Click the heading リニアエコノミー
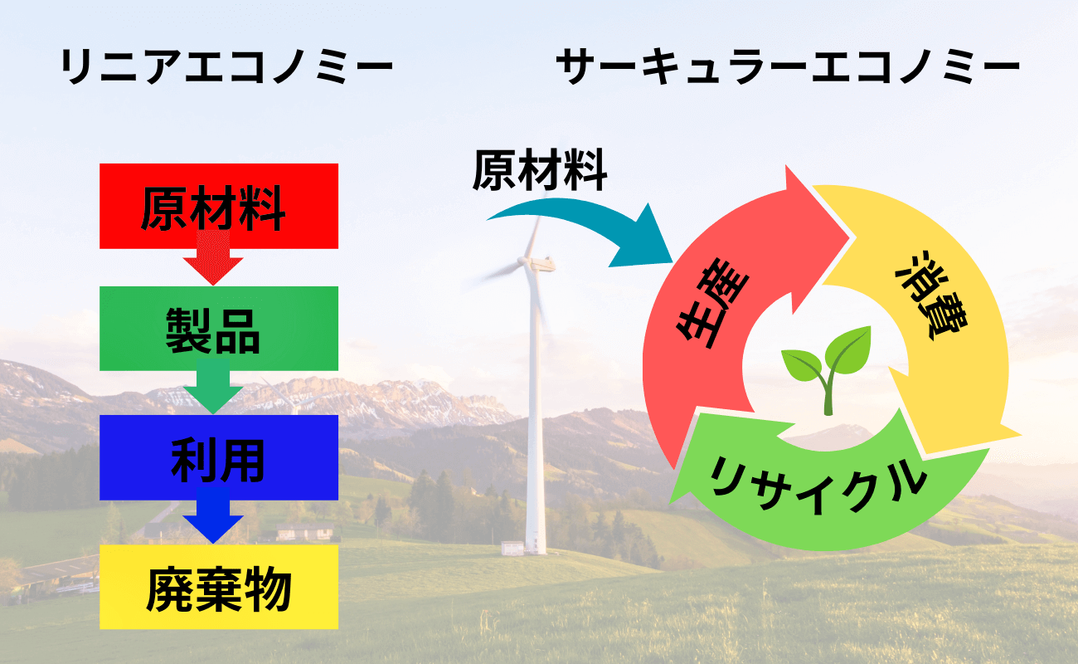[226, 66]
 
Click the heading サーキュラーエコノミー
[788, 66]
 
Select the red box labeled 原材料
[219, 206]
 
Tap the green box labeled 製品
[219, 329]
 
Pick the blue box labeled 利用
[219, 457]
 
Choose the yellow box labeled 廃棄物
[219, 587]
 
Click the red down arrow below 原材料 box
[213, 258]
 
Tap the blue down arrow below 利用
[213, 515]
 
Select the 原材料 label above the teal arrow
[540, 170]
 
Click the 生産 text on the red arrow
[712, 303]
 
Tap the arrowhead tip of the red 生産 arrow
[849, 238]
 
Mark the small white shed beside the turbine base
[512, 548]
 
